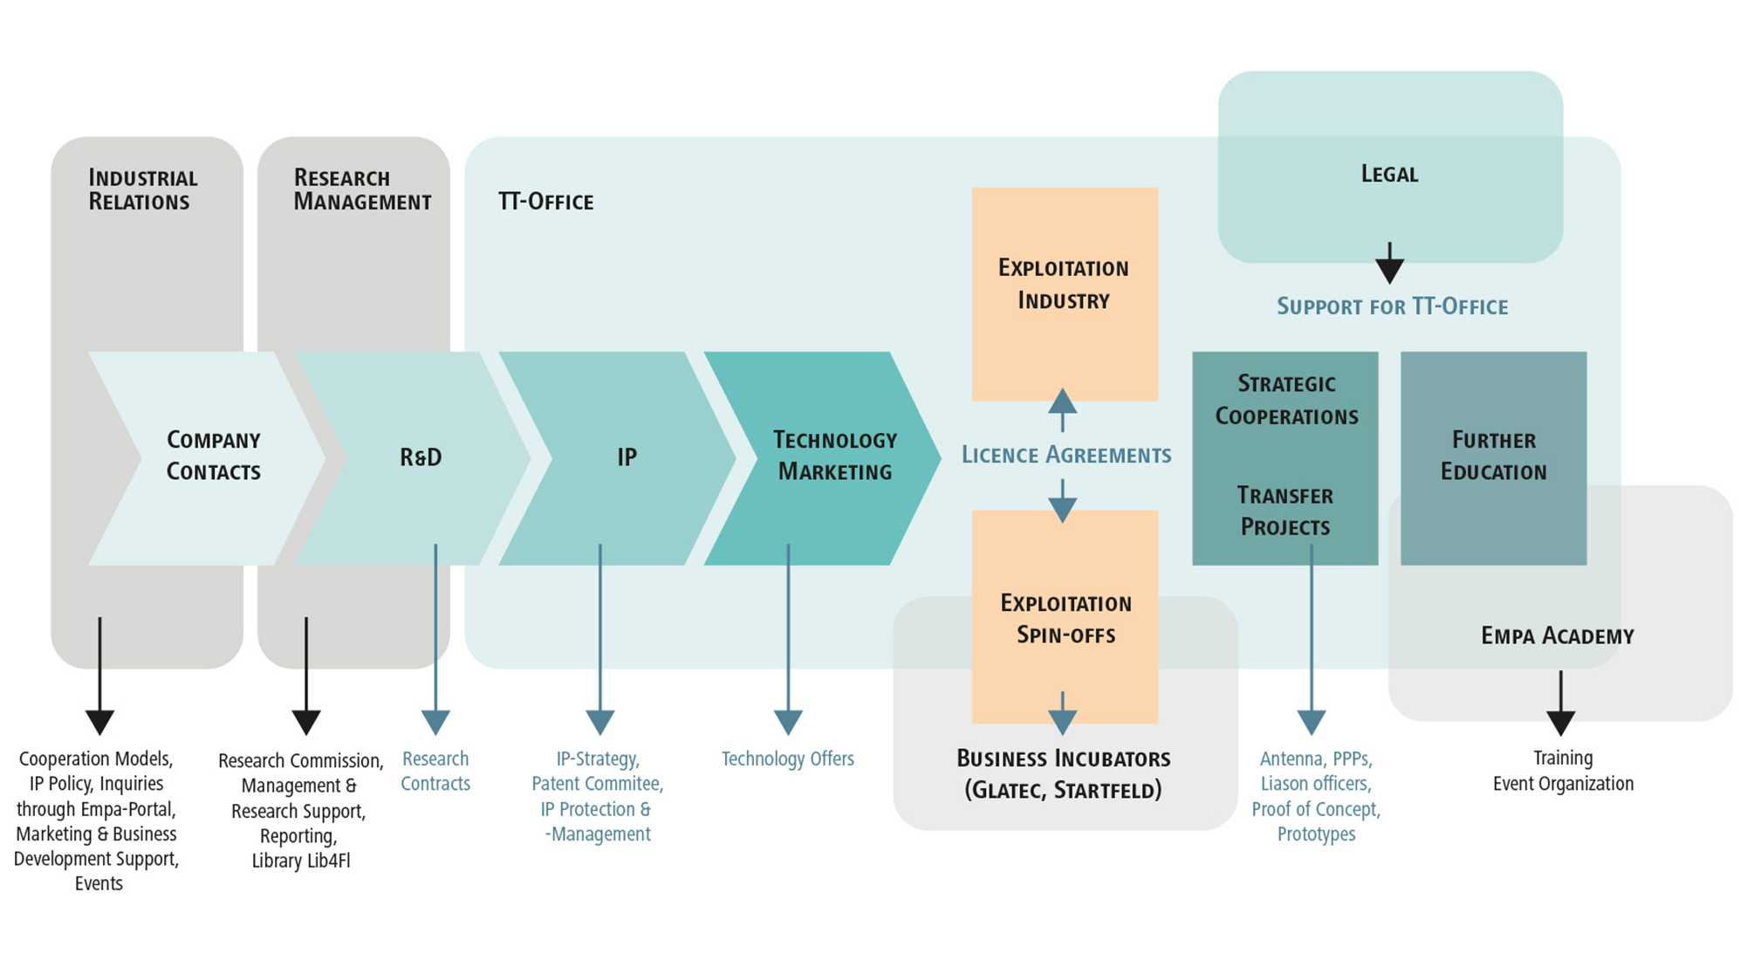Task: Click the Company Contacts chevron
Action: click(213, 457)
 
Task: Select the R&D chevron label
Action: click(421, 457)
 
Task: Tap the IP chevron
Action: click(627, 457)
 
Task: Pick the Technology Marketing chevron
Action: click(834, 457)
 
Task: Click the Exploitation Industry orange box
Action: click(1064, 285)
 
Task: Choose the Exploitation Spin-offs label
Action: click(1065, 619)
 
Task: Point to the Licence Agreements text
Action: click(1065, 455)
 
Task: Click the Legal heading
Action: click(1389, 174)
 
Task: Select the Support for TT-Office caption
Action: click(1392, 306)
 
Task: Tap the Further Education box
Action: click(1493, 457)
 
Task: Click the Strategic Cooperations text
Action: click(1286, 400)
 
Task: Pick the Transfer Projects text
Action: click(1285, 511)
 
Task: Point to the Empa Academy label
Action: click(1557, 635)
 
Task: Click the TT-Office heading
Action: click(545, 202)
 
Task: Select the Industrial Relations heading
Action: click(142, 189)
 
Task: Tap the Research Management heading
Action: click(361, 189)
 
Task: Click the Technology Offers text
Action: click(787, 759)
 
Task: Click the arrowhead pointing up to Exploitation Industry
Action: click(1062, 402)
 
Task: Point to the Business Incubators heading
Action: click(1063, 759)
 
